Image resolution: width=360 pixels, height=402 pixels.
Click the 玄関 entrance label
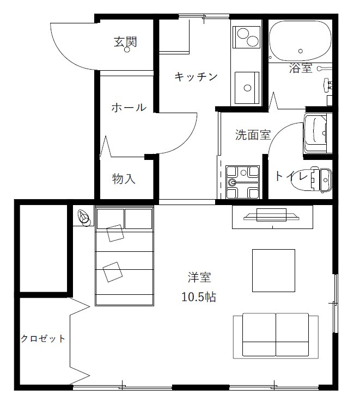click(x=125, y=41)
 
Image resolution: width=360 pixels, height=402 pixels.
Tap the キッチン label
click(x=196, y=77)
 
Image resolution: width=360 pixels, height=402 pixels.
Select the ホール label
click(x=129, y=107)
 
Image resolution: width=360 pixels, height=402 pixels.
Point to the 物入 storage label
click(x=124, y=178)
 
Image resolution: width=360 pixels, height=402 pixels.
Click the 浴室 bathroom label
click(x=301, y=68)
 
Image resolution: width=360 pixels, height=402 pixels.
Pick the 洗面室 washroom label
click(x=253, y=135)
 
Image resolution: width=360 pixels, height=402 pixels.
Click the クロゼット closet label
click(x=43, y=338)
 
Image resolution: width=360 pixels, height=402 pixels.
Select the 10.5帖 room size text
click(x=199, y=297)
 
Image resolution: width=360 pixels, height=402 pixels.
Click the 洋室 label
click(x=199, y=278)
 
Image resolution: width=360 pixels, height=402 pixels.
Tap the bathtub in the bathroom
click(x=300, y=41)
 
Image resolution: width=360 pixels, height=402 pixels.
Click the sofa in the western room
click(x=276, y=336)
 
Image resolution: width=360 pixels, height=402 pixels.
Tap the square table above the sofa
click(x=273, y=270)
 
